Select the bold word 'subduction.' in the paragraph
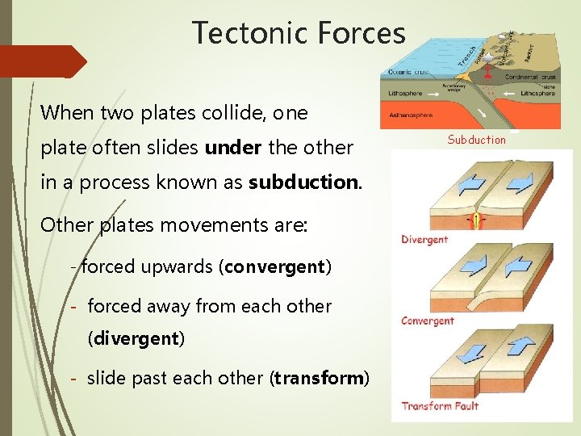304,182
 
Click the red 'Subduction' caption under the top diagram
476,140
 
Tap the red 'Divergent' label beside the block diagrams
424,239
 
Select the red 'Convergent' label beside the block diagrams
427,321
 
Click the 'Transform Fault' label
440,405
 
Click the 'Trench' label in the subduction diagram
466,54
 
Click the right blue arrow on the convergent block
518,264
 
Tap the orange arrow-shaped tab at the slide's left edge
44,61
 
